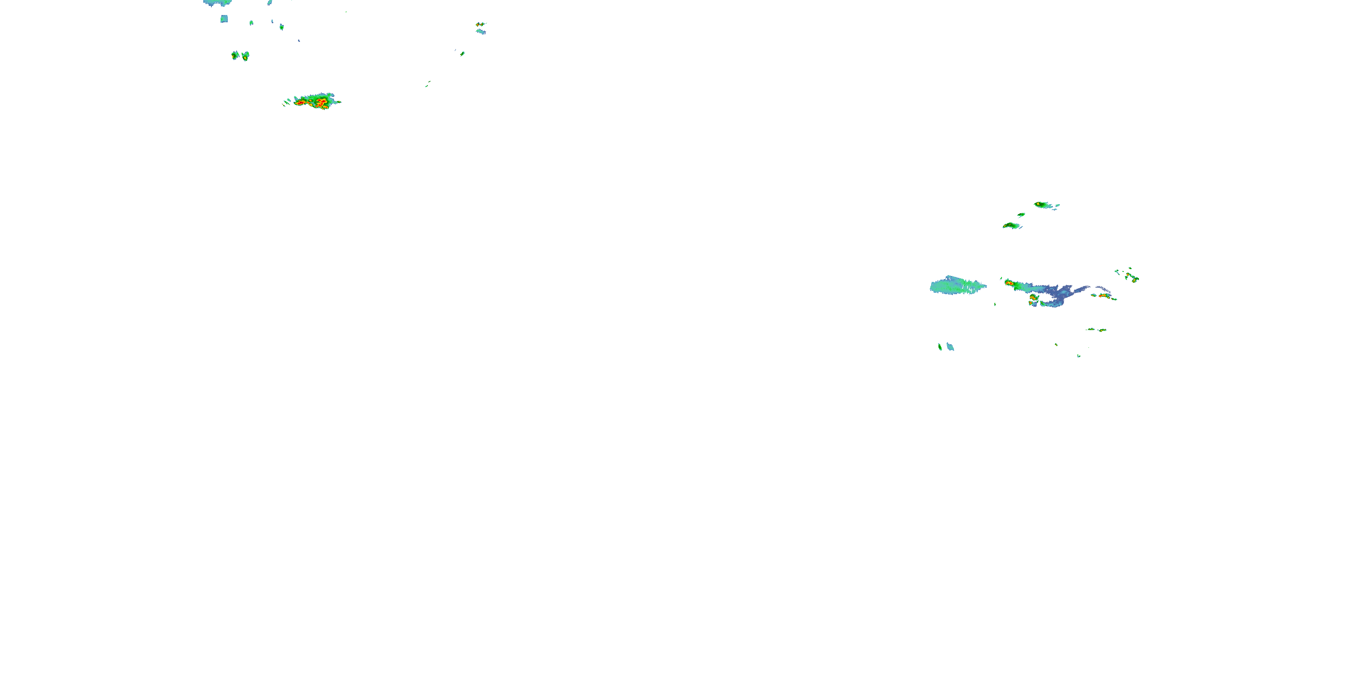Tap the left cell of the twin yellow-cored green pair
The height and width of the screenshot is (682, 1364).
[235, 55]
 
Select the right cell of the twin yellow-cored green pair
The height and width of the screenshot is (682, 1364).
[245, 55]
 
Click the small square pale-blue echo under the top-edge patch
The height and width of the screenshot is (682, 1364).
[224, 19]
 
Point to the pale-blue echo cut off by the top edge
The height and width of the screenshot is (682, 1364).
[217, 3]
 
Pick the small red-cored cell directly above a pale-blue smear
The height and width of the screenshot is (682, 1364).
[480, 25]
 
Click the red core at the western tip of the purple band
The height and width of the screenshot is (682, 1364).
[1009, 283]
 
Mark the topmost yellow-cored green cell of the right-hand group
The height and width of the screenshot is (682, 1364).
[1043, 205]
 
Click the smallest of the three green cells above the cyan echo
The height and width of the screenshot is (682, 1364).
[1021, 215]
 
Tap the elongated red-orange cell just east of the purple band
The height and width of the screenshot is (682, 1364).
[1105, 296]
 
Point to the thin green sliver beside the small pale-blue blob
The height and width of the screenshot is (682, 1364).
[940, 347]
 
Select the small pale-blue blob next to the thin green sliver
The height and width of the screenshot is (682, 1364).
[950, 347]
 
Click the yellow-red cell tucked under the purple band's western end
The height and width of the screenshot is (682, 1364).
[1033, 299]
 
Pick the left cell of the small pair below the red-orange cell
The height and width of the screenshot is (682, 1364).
[1091, 329]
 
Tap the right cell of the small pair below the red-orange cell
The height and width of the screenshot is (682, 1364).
[1102, 330]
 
